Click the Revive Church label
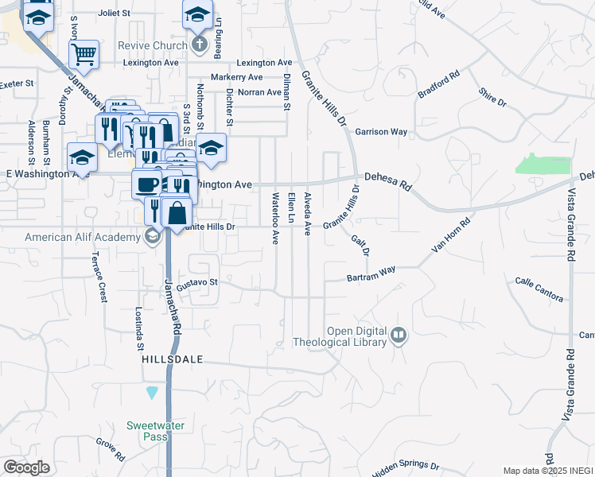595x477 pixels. click(152, 45)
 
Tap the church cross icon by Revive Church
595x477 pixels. click(198, 45)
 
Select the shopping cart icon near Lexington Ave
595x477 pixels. click(83, 55)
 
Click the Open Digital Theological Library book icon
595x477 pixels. click(399, 336)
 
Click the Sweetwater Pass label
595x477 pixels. click(156, 431)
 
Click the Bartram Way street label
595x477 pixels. click(371, 275)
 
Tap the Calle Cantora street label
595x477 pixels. click(539, 290)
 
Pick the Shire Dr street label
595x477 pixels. click(492, 97)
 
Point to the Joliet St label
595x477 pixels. click(118, 14)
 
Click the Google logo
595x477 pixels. click(26, 467)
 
